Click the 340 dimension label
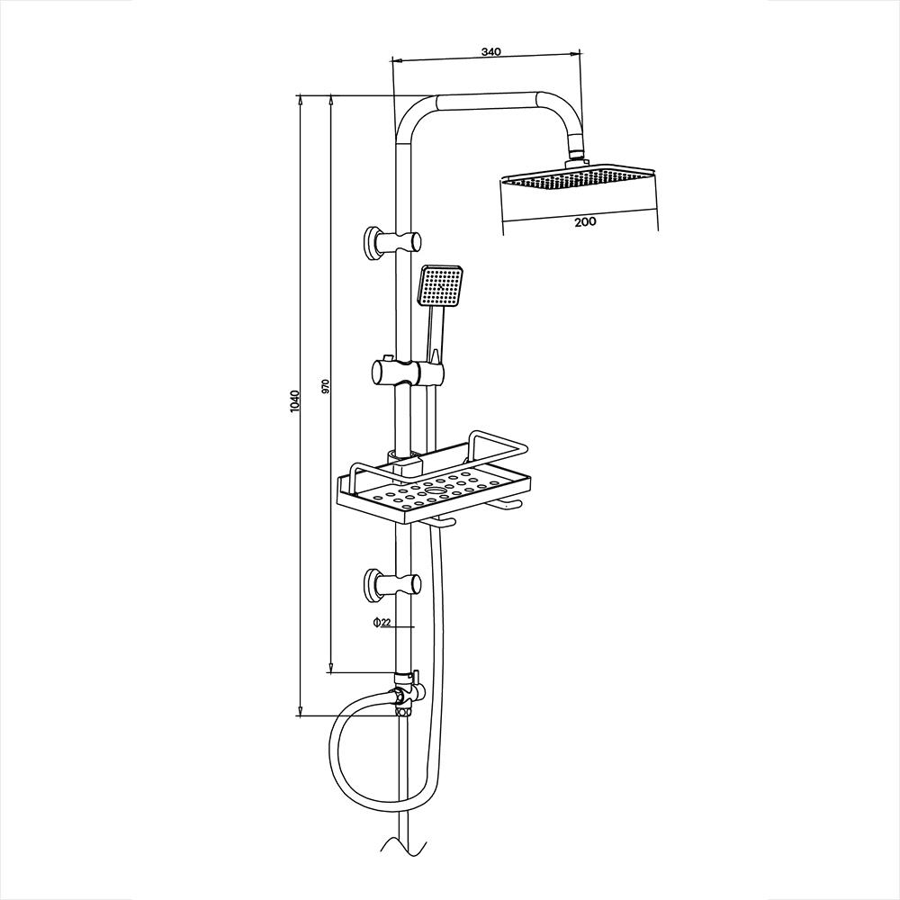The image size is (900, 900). pyautogui.click(x=490, y=52)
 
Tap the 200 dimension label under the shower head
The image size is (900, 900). pyautogui.click(x=584, y=221)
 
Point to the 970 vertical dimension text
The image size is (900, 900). pyautogui.click(x=326, y=386)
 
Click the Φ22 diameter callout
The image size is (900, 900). pyautogui.click(x=381, y=623)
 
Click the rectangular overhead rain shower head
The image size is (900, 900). pyautogui.click(x=577, y=179)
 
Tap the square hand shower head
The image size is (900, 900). pyautogui.click(x=440, y=286)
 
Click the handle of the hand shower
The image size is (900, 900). pyautogui.click(x=436, y=337)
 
